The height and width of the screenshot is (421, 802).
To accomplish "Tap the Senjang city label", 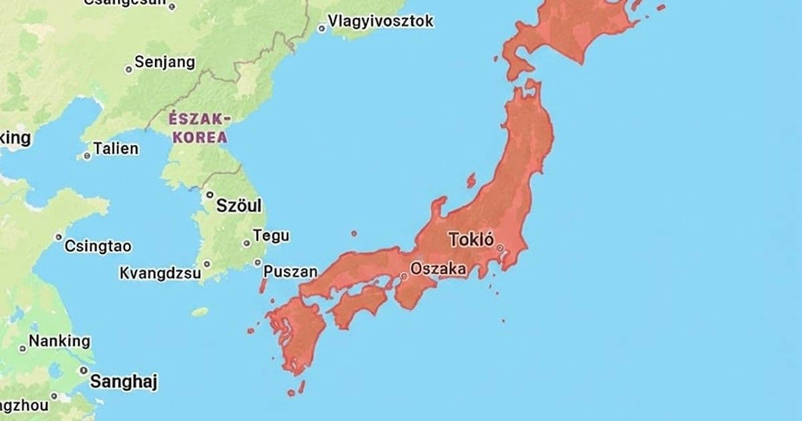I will click(x=164, y=62).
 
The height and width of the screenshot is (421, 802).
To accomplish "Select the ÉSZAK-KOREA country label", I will click(x=198, y=128).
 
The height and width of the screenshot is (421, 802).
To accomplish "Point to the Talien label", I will click(x=116, y=148).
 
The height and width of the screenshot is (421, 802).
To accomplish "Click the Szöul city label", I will click(x=239, y=206).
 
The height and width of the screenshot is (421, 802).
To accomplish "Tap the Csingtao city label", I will click(x=98, y=246).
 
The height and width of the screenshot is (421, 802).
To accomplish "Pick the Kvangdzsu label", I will click(x=160, y=273).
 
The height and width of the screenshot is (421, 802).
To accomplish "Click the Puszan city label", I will click(x=290, y=271).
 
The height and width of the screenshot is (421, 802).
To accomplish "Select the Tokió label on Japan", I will click(x=471, y=240).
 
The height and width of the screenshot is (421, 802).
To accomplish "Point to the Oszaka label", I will click(x=438, y=269).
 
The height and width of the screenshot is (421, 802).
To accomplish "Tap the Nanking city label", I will click(x=59, y=341).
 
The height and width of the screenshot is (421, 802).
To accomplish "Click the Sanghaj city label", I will click(x=124, y=382).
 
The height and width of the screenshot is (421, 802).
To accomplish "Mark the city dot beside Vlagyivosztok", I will click(x=321, y=28).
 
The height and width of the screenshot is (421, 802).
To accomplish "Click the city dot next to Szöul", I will click(x=209, y=195).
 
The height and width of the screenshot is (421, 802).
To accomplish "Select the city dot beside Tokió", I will click(x=500, y=248).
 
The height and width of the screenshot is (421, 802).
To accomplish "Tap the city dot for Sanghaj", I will click(x=84, y=370).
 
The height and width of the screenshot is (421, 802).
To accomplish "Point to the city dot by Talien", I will click(x=87, y=156).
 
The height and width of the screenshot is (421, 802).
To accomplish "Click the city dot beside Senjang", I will click(x=129, y=69).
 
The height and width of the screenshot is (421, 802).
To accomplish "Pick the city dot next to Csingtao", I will click(x=59, y=237).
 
